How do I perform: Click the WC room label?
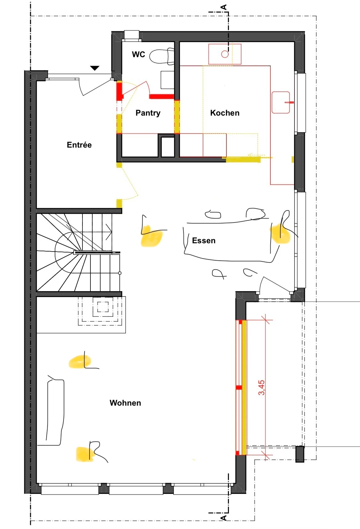[138, 54]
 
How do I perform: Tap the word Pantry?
[148, 113]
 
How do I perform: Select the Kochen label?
[225, 113]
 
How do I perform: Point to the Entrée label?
[79, 145]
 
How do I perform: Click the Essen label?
[204, 241]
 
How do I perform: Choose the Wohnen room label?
[126, 403]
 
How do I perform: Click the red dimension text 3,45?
[261, 388]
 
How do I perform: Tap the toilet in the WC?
[162, 56]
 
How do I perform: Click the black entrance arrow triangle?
[95, 68]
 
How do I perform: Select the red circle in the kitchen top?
[225, 54]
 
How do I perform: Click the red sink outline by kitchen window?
[281, 102]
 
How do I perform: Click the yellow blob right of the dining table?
[281, 233]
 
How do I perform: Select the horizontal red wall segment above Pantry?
[162, 97]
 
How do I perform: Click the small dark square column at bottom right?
[300, 454]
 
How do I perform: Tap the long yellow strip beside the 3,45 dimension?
[244, 388]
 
